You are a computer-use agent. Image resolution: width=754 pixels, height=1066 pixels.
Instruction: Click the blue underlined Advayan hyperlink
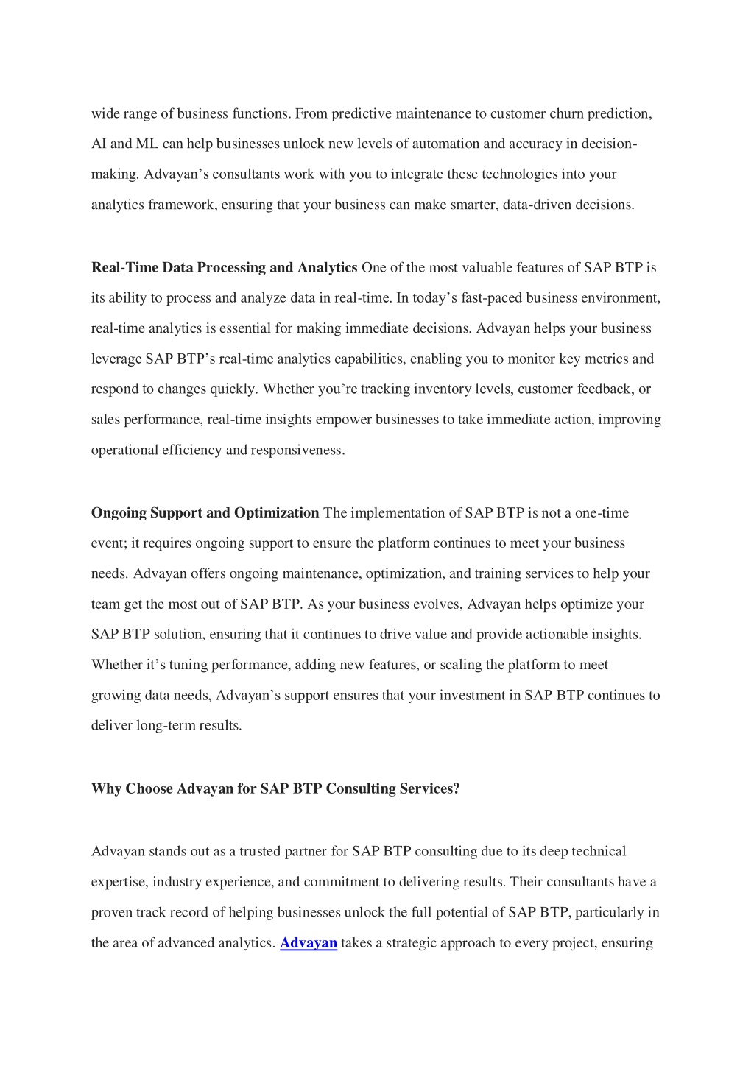pyautogui.click(x=309, y=943)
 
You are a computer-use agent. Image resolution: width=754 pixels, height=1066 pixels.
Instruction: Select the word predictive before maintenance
pyautogui.click(x=362, y=114)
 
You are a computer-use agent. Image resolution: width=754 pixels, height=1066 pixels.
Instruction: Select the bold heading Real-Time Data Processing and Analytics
pyautogui.click(x=224, y=268)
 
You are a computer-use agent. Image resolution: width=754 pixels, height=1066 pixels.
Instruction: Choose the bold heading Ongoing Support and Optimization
pyautogui.click(x=205, y=513)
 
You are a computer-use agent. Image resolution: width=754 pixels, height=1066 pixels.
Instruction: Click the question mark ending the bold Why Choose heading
pyautogui.click(x=456, y=789)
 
